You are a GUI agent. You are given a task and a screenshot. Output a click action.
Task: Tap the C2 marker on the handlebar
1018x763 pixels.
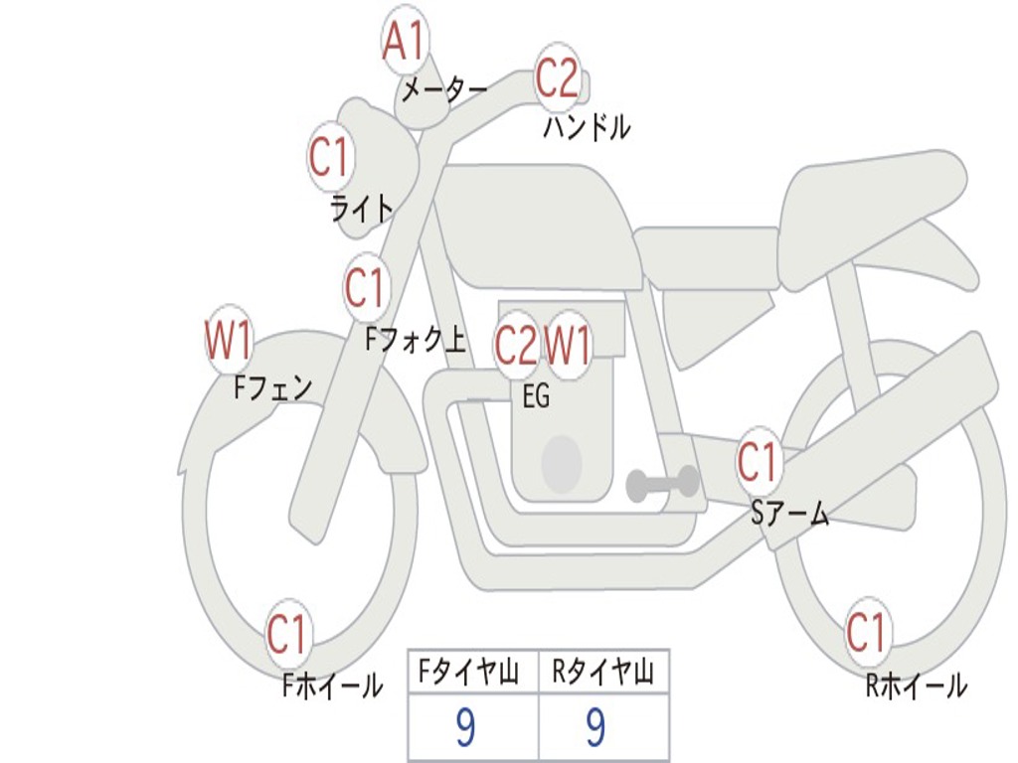[x=557, y=77]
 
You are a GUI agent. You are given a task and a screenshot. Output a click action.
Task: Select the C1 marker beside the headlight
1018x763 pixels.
[x=330, y=157]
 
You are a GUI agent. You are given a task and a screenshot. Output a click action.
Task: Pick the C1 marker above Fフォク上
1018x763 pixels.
[x=365, y=289]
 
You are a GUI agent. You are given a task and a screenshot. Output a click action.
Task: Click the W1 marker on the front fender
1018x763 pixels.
[x=228, y=341]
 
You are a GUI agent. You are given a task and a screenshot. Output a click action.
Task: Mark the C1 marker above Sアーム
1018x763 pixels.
[x=758, y=462]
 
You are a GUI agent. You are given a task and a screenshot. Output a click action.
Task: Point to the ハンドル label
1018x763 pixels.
[x=588, y=127]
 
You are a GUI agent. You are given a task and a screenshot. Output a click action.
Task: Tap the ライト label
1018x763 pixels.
[x=362, y=209]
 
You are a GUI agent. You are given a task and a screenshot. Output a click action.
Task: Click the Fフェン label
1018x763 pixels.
[x=273, y=386]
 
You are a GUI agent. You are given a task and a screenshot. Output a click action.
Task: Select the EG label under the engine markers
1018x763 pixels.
[x=536, y=396]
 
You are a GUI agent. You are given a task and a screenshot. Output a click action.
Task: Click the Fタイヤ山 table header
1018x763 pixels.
[x=472, y=675]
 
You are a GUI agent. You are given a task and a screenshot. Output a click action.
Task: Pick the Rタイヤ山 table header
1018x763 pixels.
[x=603, y=675]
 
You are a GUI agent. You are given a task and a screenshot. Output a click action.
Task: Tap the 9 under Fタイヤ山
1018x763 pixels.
[x=465, y=728]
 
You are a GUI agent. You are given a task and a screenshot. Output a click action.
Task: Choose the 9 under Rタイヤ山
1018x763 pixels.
[x=595, y=728]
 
